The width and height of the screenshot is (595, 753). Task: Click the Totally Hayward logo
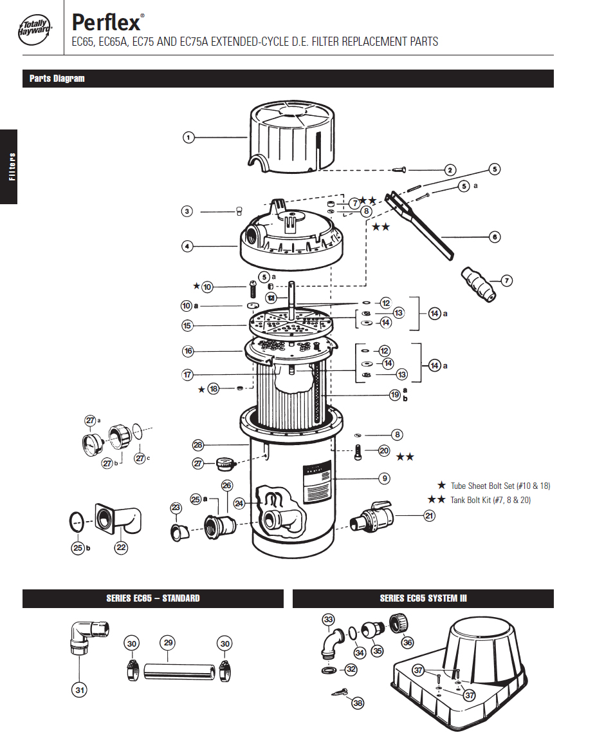click(x=35, y=28)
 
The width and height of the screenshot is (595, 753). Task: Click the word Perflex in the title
click(x=106, y=23)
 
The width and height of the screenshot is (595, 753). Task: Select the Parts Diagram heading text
click(x=57, y=79)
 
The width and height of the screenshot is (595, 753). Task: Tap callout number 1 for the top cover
click(x=188, y=137)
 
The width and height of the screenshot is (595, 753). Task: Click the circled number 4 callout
click(x=187, y=245)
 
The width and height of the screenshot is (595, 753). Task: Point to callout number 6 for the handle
click(x=494, y=237)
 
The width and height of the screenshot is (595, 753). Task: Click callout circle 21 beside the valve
click(x=428, y=515)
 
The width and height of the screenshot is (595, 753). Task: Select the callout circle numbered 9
click(x=384, y=478)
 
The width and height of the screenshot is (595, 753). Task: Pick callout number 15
click(x=187, y=326)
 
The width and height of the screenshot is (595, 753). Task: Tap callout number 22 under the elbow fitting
click(x=121, y=548)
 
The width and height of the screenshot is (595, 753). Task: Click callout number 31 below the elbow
click(x=79, y=689)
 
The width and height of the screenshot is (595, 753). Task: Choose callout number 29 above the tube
click(x=168, y=643)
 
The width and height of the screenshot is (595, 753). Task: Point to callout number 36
click(x=408, y=642)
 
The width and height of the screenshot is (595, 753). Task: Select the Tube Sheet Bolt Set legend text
click(x=500, y=486)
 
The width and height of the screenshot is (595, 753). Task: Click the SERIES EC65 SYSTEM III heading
click(x=423, y=598)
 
